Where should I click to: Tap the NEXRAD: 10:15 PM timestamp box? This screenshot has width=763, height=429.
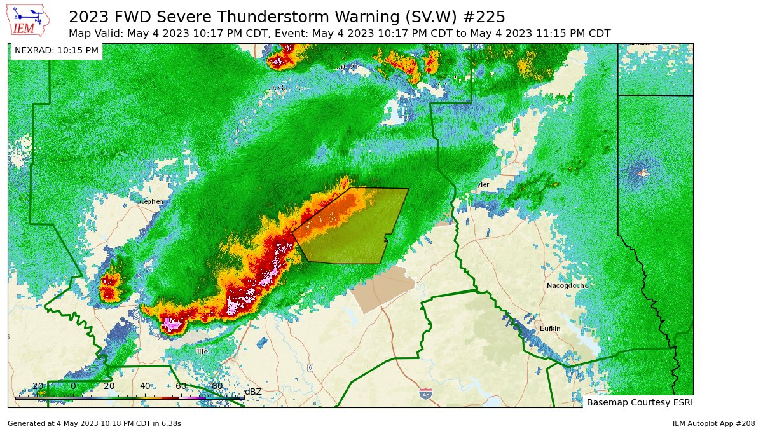[57, 50]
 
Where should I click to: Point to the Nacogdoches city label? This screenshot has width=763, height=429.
[567, 285]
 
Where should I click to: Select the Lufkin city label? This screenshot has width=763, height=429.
[550, 329]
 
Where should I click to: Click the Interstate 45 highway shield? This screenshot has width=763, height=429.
[425, 394]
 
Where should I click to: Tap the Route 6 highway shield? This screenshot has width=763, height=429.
[310, 367]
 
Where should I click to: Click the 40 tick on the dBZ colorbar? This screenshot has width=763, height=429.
[145, 398]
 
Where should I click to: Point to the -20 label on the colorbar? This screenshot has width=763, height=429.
[36, 386]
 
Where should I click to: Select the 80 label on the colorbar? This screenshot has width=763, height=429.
[217, 386]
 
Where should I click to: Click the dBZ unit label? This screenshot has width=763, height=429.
[253, 391]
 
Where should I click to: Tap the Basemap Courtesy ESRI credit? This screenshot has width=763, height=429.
[639, 402]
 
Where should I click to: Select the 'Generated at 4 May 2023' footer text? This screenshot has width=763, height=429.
[94, 423]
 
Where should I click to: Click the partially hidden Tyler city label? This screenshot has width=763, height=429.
[481, 184]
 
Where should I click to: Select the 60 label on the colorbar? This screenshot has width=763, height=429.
[181, 386]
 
